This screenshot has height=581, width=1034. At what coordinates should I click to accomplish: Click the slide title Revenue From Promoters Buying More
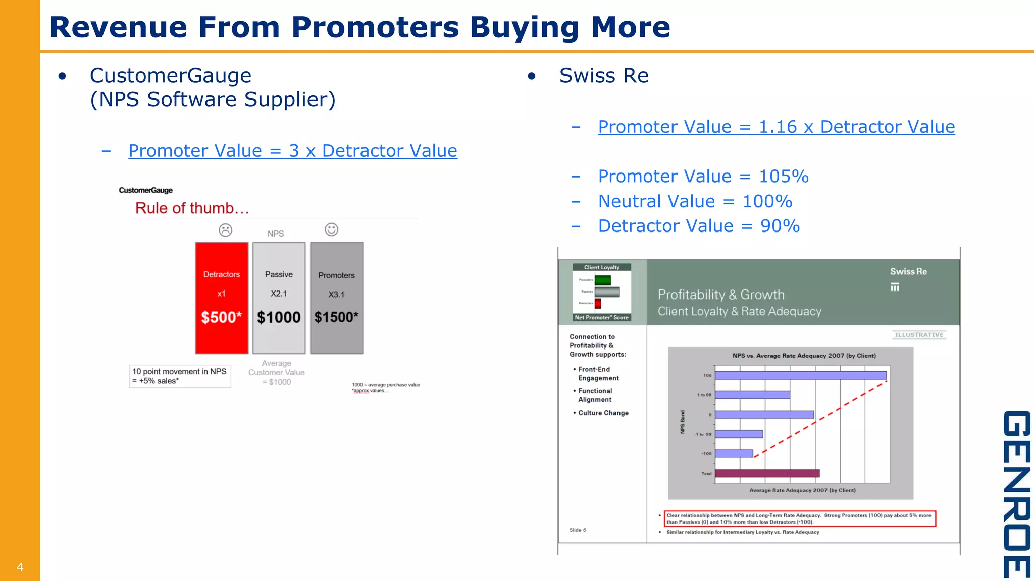click(x=359, y=27)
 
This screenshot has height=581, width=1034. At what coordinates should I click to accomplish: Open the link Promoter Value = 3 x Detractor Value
click(x=293, y=151)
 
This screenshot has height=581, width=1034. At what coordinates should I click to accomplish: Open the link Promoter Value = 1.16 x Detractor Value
click(x=776, y=127)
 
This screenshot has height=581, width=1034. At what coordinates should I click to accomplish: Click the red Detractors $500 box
click(x=222, y=298)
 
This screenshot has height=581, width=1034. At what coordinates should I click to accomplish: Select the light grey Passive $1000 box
click(x=279, y=298)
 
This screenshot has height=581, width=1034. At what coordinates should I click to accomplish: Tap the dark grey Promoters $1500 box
click(x=336, y=298)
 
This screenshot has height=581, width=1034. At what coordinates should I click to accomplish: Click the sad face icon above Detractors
click(x=225, y=230)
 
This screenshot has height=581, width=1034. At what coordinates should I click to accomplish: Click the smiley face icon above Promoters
click(x=331, y=229)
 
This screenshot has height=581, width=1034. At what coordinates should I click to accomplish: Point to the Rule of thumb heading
click(x=192, y=208)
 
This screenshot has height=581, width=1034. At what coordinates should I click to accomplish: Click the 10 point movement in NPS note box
click(x=180, y=376)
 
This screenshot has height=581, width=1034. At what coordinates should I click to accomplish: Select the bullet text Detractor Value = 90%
click(x=699, y=226)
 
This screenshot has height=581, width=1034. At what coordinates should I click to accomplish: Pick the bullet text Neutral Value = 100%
click(x=695, y=201)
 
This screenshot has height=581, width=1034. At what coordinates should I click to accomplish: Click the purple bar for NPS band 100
click(x=800, y=375)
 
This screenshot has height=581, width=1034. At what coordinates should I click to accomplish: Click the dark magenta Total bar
click(x=767, y=473)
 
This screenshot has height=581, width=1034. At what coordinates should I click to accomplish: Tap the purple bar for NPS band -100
click(x=734, y=453)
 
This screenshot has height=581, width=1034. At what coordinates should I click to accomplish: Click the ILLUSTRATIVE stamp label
click(x=918, y=335)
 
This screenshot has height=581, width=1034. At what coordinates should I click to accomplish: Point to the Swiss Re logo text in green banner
click(x=908, y=272)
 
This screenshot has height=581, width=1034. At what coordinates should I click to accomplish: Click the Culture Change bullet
click(x=603, y=413)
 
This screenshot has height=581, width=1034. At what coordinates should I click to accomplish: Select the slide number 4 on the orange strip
click(x=20, y=567)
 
